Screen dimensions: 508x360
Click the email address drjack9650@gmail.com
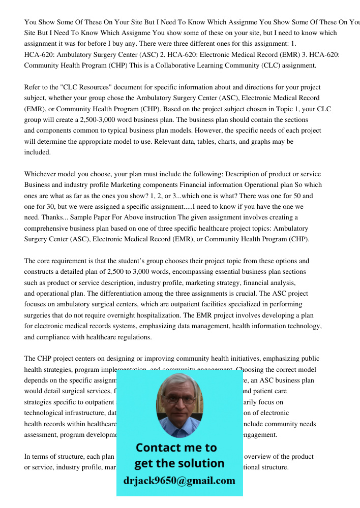point(179,481)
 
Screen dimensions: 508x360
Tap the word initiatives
point(217,359)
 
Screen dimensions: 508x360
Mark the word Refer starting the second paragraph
point(33,87)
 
